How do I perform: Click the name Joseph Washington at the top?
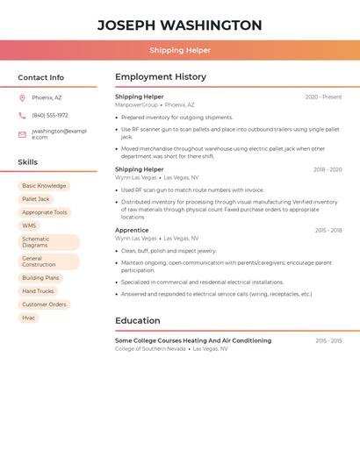179,25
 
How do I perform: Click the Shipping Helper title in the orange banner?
179,50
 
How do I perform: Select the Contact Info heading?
40,77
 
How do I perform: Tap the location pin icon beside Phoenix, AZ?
22,97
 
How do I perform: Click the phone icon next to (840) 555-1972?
22,115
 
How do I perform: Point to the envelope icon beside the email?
22,134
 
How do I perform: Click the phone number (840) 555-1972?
50,115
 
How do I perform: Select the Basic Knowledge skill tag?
44,186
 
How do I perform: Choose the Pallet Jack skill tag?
36,199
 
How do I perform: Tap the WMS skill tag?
29,225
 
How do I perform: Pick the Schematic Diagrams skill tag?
48,242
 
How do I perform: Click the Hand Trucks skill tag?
38,291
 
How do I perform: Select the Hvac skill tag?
29,318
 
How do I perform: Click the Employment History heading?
161,77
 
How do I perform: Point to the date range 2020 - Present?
323,97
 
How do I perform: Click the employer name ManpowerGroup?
136,104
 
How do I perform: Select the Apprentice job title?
132,230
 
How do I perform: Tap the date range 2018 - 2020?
328,169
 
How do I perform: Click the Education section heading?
138,320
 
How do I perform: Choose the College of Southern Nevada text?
150,348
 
